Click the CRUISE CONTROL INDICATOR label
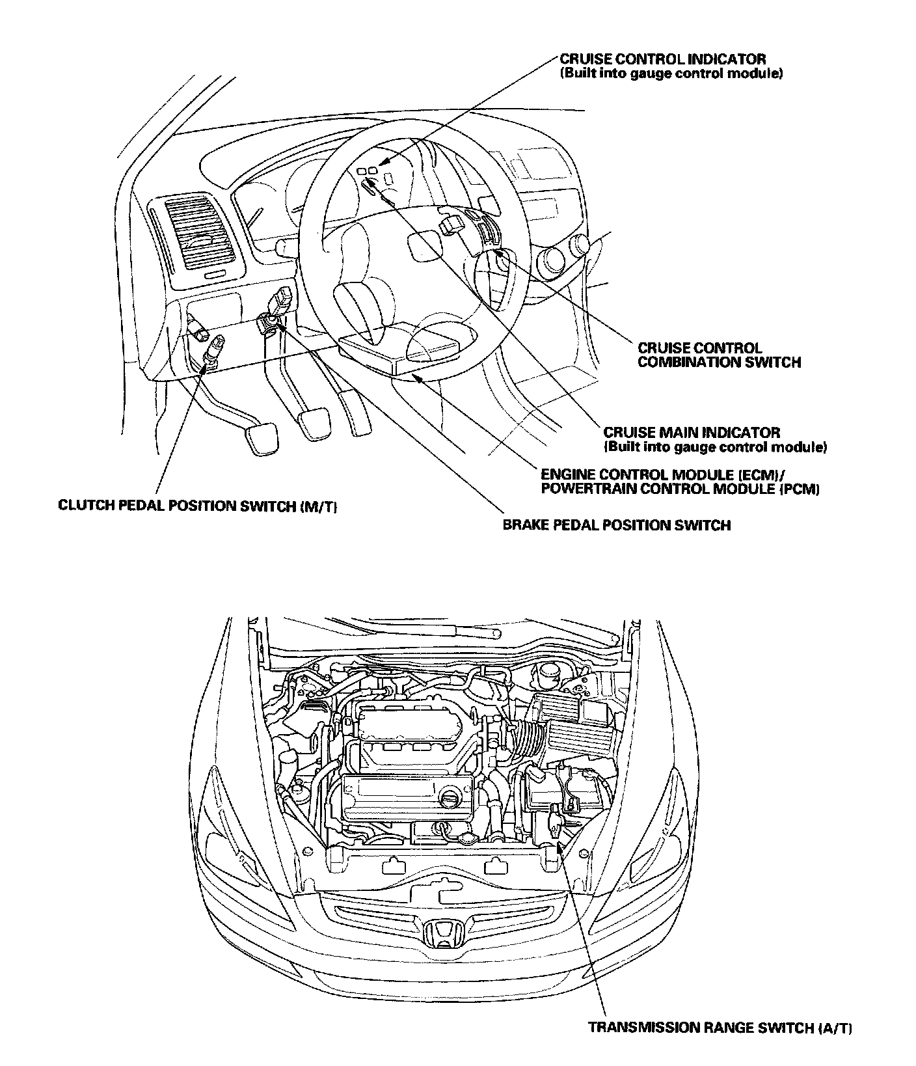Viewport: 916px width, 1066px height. tap(663, 59)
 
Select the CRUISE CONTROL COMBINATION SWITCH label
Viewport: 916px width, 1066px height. tap(718, 355)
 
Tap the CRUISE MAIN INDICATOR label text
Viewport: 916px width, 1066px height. tap(692, 432)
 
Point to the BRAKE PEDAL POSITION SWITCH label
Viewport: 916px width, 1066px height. tap(616, 525)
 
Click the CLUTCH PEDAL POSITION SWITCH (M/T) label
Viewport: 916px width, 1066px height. tap(197, 506)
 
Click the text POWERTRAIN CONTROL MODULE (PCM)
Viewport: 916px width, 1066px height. tap(680, 489)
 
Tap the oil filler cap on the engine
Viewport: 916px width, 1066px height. tap(451, 797)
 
